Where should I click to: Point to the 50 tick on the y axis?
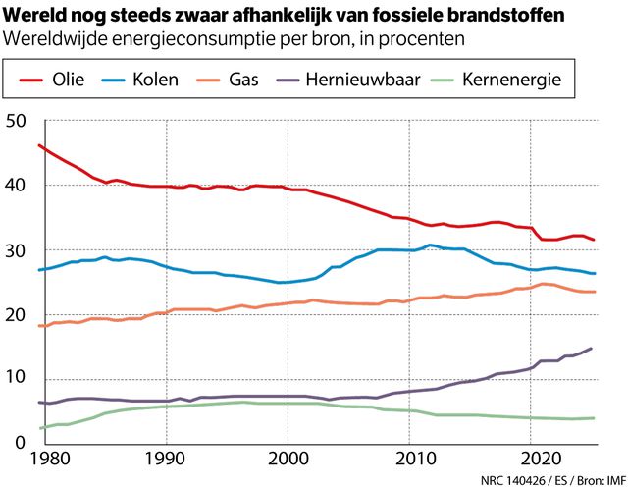[x=17, y=121]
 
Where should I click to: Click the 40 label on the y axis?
[x=17, y=186]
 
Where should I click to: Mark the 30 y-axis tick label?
[x=17, y=250]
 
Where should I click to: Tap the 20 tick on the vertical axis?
[x=17, y=314]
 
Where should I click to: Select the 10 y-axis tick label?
[x=17, y=379]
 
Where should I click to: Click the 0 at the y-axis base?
[x=22, y=443]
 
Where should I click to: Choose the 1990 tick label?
[x=166, y=460]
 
